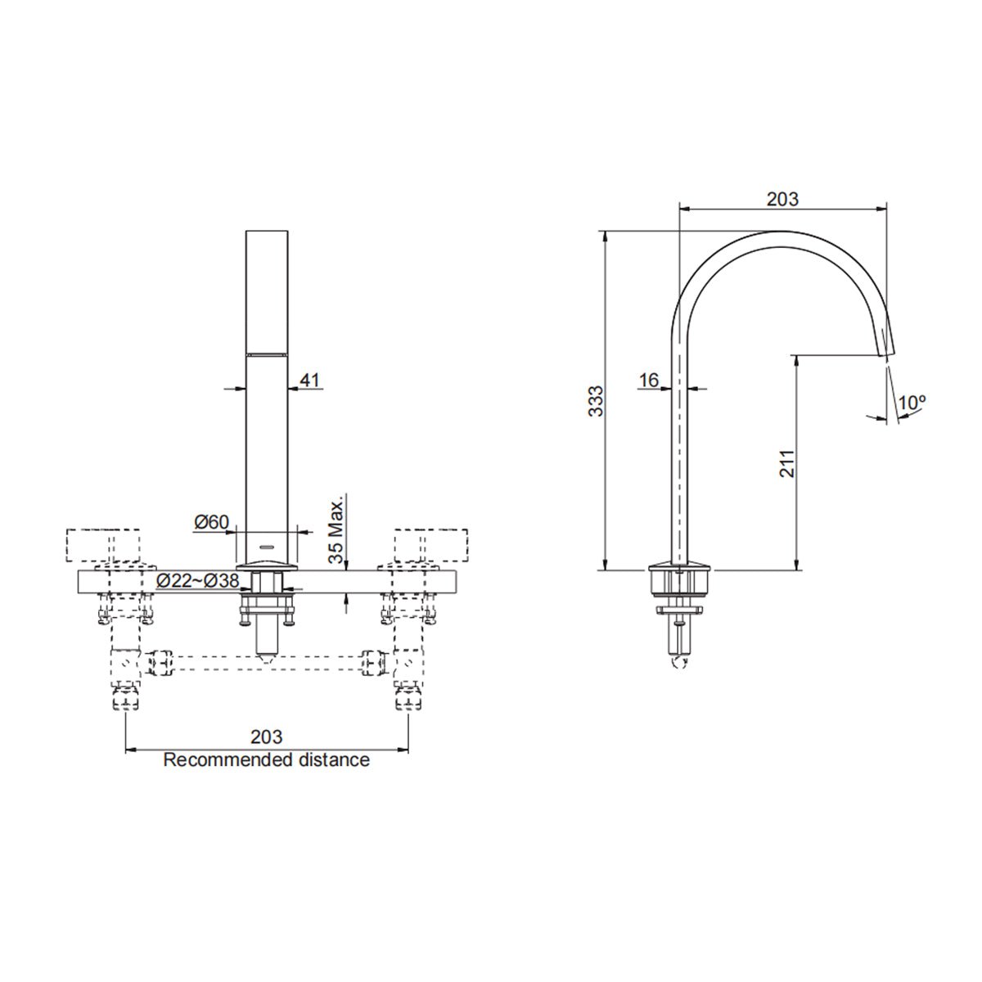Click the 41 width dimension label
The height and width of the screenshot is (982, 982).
tap(311, 380)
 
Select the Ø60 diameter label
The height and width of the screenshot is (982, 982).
tap(211, 522)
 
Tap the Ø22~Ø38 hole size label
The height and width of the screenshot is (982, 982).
tap(197, 580)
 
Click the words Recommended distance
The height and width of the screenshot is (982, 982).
tap(266, 759)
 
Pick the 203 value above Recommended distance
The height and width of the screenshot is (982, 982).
tap(266, 737)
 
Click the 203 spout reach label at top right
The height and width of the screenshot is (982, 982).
tap(782, 199)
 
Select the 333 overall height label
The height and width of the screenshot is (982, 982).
tap(597, 401)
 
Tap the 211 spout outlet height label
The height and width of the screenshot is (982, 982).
tap(786, 463)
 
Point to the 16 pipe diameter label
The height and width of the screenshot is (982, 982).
tap(649, 380)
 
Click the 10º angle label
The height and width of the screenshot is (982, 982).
tap(911, 403)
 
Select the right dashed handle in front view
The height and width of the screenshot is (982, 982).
tap(430, 546)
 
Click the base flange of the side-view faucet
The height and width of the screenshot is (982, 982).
tap(679, 567)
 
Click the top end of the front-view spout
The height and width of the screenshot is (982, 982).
tap(267, 233)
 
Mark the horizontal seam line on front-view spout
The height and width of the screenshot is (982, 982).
tap(267, 354)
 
